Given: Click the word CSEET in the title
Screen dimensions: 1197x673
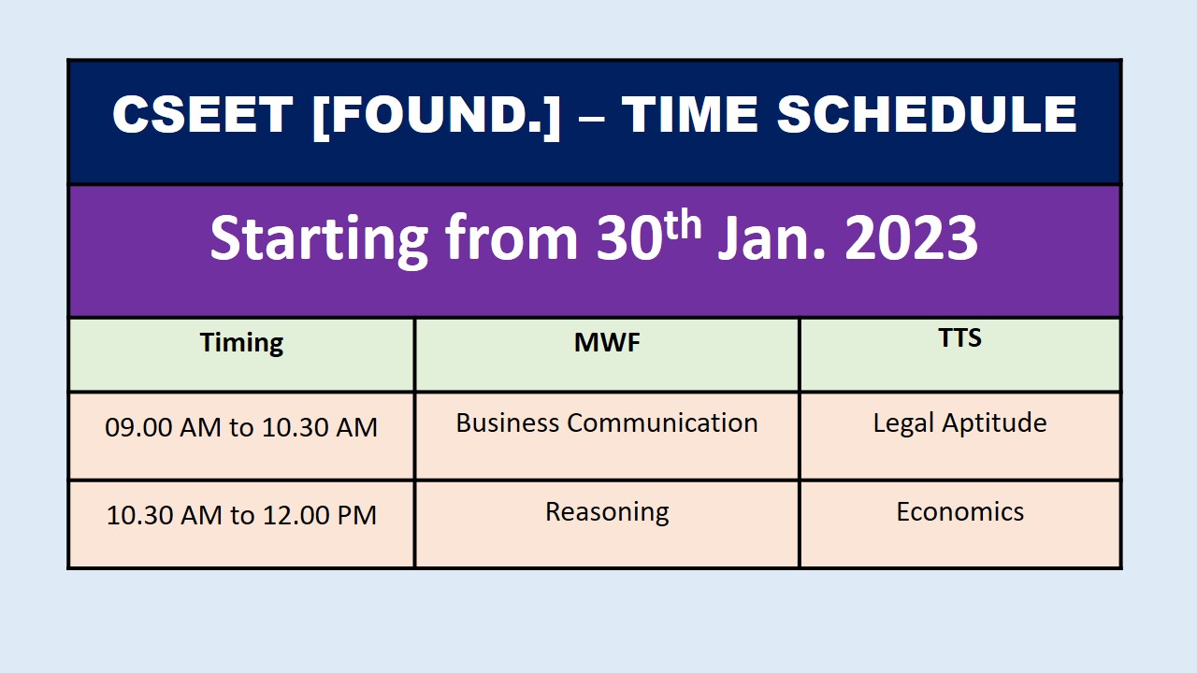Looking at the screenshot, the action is pyautogui.click(x=203, y=114).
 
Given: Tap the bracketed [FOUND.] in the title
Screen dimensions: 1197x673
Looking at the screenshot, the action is pyautogui.click(x=436, y=116).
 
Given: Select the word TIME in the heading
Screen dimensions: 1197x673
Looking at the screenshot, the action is pyautogui.click(x=690, y=114).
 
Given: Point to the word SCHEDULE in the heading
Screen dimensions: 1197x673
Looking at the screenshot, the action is pyautogui.click(x=927, y=114).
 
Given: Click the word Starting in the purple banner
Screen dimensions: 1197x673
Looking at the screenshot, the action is pyautogui.click(x=319, y=240).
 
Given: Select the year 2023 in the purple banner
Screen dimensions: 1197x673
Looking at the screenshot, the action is pyautogui.click(x=912, y=238).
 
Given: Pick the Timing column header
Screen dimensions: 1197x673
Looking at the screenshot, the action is pyautogui.click(x=241, y=343).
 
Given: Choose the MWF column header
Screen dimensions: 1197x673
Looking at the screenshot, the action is pyautogui.click(x=607, y=342).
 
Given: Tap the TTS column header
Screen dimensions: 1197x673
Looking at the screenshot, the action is pyautogui.click(x=960, y=337).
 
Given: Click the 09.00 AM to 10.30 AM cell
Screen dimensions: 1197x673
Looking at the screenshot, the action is pyautogui.click(x=241, y=427).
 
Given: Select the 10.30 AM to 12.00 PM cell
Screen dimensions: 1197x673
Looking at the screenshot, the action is pyautogui.click(x=241, y=515).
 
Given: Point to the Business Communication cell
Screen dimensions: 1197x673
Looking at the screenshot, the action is pyautogui.click(x=607, y=422).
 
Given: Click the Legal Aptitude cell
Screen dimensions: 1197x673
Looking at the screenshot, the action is pyautogui.click(x=960, y=424).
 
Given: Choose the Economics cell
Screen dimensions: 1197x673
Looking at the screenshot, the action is pyautogui.click(x=960, y=511).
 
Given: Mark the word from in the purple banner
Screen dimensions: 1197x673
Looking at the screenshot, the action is pyautogui.click(x=512, y=237).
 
